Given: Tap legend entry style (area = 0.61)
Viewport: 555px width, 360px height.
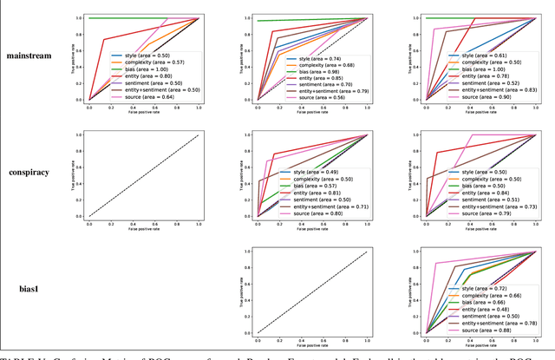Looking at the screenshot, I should (479, 56).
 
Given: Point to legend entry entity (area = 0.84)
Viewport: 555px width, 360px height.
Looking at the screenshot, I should (480, 193).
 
